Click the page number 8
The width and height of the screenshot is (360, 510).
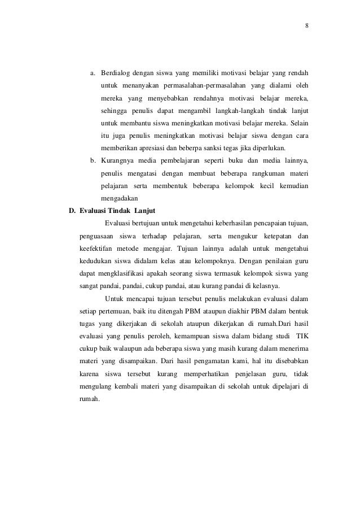click(307, 26)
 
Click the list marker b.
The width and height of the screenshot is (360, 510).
click(93, 162)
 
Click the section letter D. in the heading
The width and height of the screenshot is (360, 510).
click(72, 212)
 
